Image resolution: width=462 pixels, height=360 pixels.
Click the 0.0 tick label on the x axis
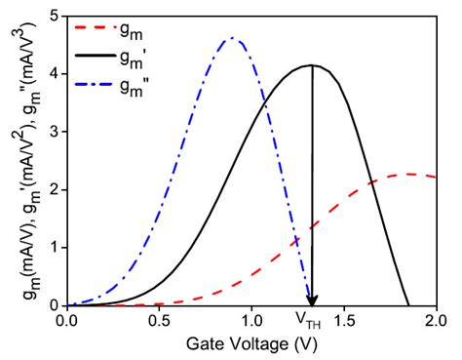(x=67, y=319)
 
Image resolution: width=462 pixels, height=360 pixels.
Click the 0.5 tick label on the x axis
(x=160, y=319)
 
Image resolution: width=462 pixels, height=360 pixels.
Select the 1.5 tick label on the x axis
(x=345, y=319)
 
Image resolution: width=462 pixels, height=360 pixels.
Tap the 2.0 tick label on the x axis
(x=436, y=319)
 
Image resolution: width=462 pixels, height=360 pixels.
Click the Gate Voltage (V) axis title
(x=251, y=343)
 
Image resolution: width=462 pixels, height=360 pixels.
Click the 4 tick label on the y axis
(x=55, y=73)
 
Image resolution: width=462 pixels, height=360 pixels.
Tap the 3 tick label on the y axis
(x=55, y=131)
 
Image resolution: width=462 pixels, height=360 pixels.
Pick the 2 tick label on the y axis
(x=55, y=189)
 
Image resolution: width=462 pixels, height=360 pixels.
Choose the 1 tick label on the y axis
(x=55, y=247)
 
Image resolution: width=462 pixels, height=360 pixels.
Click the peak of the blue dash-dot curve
(x=230, y=39)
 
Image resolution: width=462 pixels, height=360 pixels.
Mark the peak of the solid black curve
(x=311, y=65)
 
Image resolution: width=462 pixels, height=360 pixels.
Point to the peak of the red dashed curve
(x=410, y=175)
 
